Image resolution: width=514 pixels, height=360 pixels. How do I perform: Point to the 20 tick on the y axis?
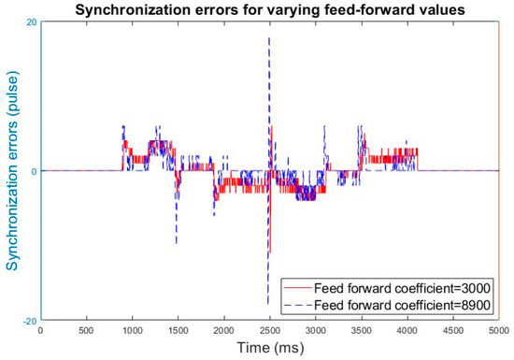pyautogui.click(x=32, y=22)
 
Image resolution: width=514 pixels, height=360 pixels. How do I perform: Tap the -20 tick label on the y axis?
pyautogui.click(x=29, y=321)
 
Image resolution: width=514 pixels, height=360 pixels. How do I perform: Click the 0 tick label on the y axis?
pyautogui.click(x=34, y=171)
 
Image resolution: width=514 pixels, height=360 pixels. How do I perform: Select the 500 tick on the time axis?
pyautogui.click(x=86, y=329)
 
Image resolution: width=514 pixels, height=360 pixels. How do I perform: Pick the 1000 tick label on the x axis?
pyautogui.click(x=132, y=329)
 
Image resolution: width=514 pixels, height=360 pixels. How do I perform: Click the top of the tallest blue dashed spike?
pyautogui.click(x=269, y=37)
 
